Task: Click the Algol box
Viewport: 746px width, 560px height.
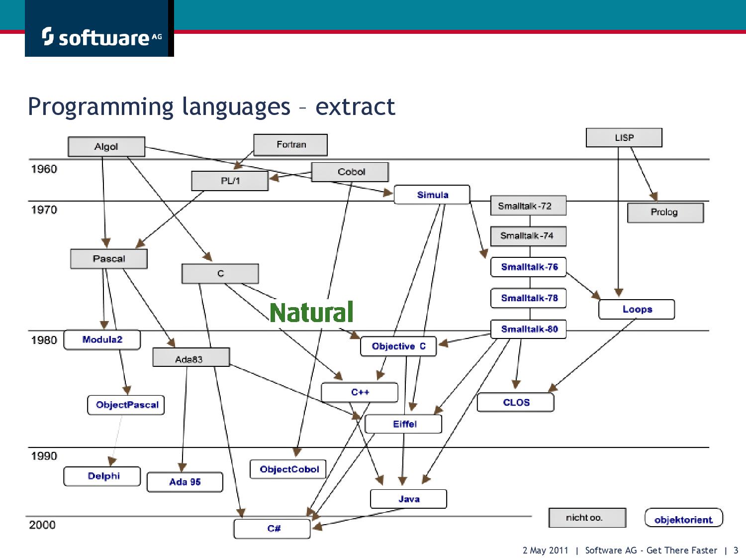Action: tap(106, 146)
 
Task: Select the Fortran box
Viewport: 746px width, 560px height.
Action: tap(290, 144)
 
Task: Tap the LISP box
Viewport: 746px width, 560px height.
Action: tap(624, 137)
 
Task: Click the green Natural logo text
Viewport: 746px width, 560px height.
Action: tap(312, 312)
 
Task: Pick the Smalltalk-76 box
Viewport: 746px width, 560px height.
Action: tap(528, 267)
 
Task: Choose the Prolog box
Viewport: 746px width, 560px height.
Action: tap(665, 212)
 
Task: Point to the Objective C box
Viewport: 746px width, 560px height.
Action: tap(398, 346)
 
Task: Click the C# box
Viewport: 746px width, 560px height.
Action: tap(272, 528)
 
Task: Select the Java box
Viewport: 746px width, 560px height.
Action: tap(408, 498)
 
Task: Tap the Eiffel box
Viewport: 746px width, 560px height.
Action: tap(403, 424)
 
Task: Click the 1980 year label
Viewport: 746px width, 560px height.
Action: tap(44, 340)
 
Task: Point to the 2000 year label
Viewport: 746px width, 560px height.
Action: tap(42, 525)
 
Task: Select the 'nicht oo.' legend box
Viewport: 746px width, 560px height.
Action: tap(587, 518)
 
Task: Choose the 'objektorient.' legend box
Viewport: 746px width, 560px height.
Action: tap(683, 518)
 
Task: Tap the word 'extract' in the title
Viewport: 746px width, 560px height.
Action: tap(355, 107)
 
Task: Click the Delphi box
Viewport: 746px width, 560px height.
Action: tap(102, 476)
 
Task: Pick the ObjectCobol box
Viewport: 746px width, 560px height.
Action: tap(288, 469)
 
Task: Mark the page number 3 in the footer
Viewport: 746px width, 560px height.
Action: tap(736, 550)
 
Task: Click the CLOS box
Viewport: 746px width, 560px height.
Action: tap(515, 402)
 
